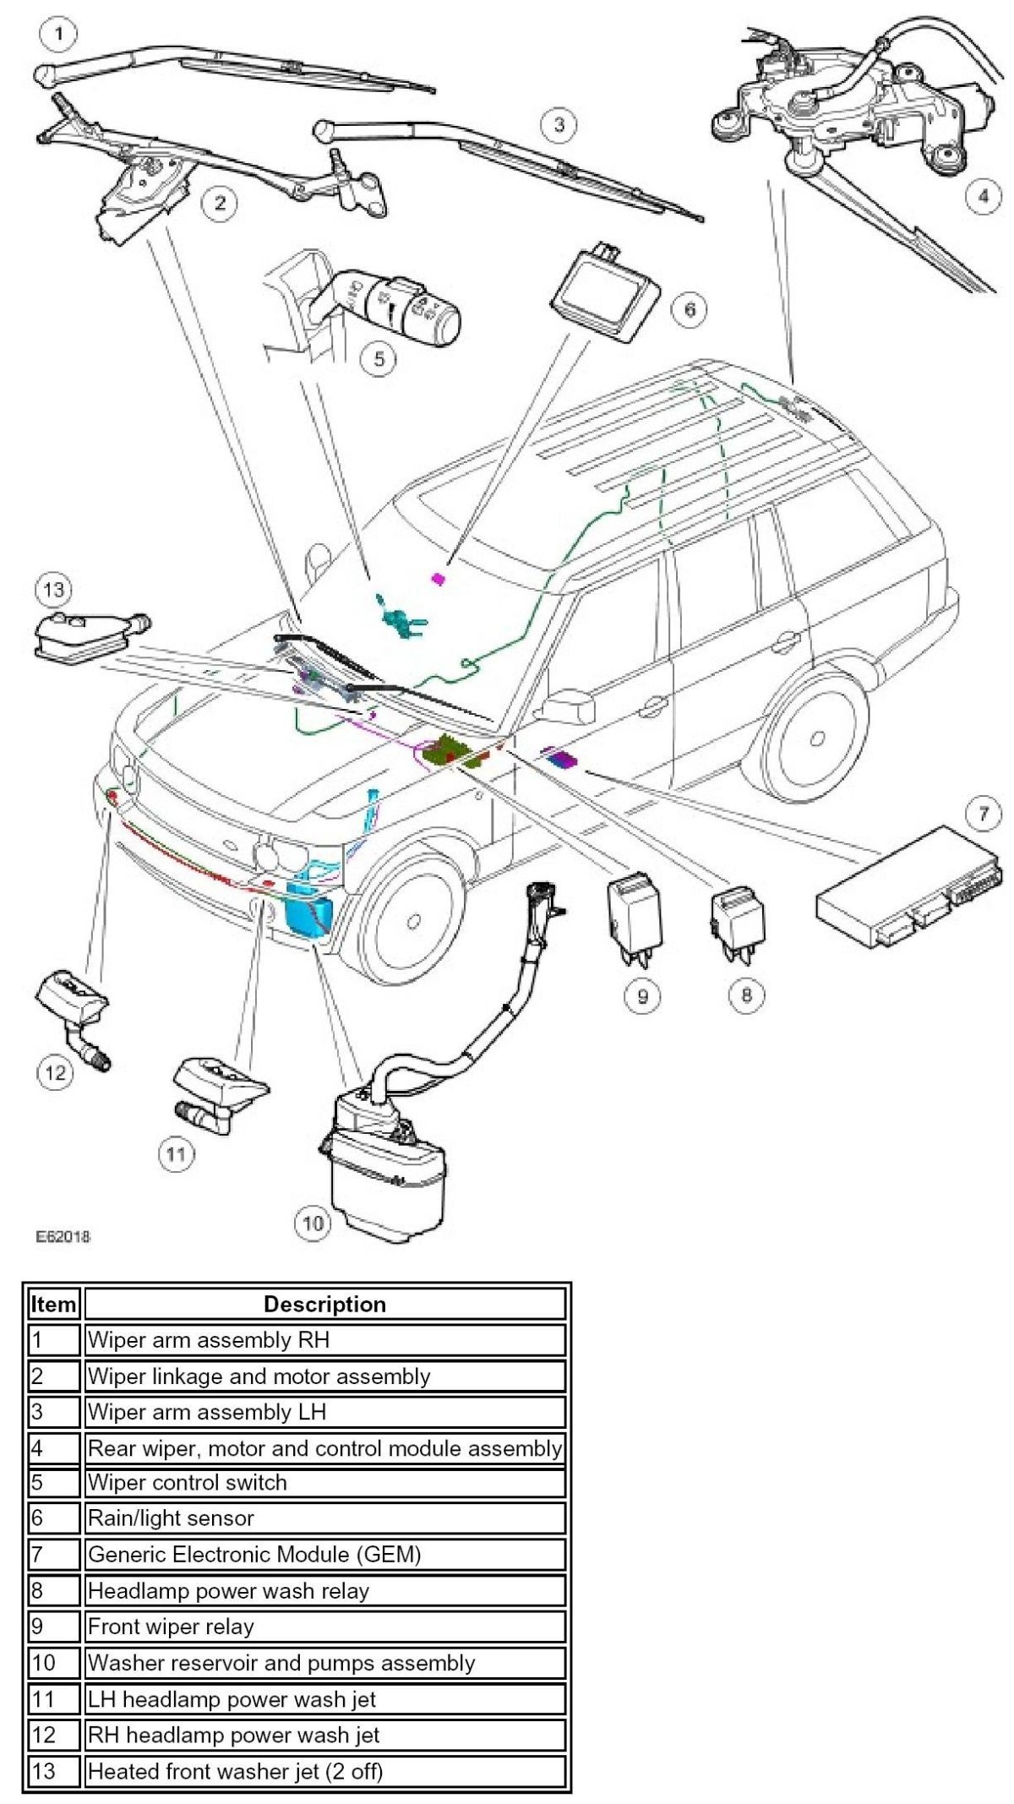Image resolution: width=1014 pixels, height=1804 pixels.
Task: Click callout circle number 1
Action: click(57, 35)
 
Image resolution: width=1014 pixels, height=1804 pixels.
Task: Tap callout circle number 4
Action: click(982, 197)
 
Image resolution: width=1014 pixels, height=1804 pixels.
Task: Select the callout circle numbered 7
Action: click(983, 815)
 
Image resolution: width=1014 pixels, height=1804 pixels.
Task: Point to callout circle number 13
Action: click(53, 590)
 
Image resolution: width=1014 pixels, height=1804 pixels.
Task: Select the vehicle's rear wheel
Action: click(815, 739)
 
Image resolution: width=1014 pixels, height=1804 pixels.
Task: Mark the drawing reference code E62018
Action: click(63, 1236)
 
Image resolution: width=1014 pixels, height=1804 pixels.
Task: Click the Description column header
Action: click(324, 1304)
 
